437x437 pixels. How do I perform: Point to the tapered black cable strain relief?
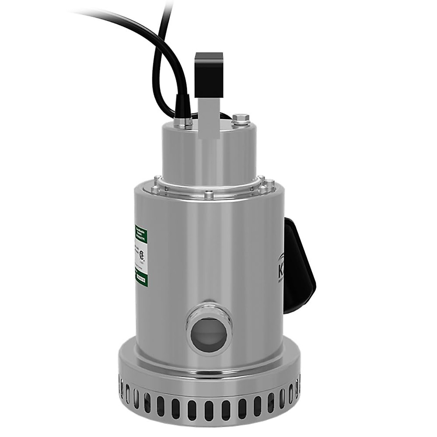click(181, 106)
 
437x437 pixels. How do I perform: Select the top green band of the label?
click(141, 233)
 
